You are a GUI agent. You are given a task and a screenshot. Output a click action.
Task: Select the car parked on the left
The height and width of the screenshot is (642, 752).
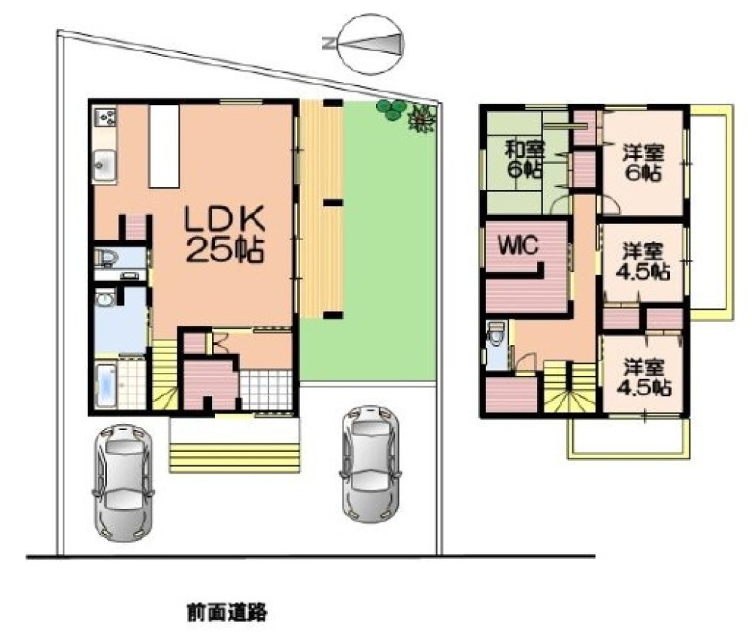click(x=123, y=483)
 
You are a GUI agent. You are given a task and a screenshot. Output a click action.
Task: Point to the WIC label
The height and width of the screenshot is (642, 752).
click(x=518, y=245)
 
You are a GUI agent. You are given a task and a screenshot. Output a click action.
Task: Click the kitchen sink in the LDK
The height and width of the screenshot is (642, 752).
click(x=105, y=164)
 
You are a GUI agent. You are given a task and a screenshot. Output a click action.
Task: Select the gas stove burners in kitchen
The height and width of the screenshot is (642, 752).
click(x=105, y=117)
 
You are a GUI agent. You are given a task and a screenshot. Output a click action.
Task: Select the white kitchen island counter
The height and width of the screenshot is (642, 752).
click(x=163, y=146)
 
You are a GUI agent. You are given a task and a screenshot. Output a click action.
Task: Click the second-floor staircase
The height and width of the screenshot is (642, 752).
click(x=569, y=388)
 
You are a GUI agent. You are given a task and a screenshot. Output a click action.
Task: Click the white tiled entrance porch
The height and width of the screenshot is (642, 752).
click(x=265, y=390)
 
